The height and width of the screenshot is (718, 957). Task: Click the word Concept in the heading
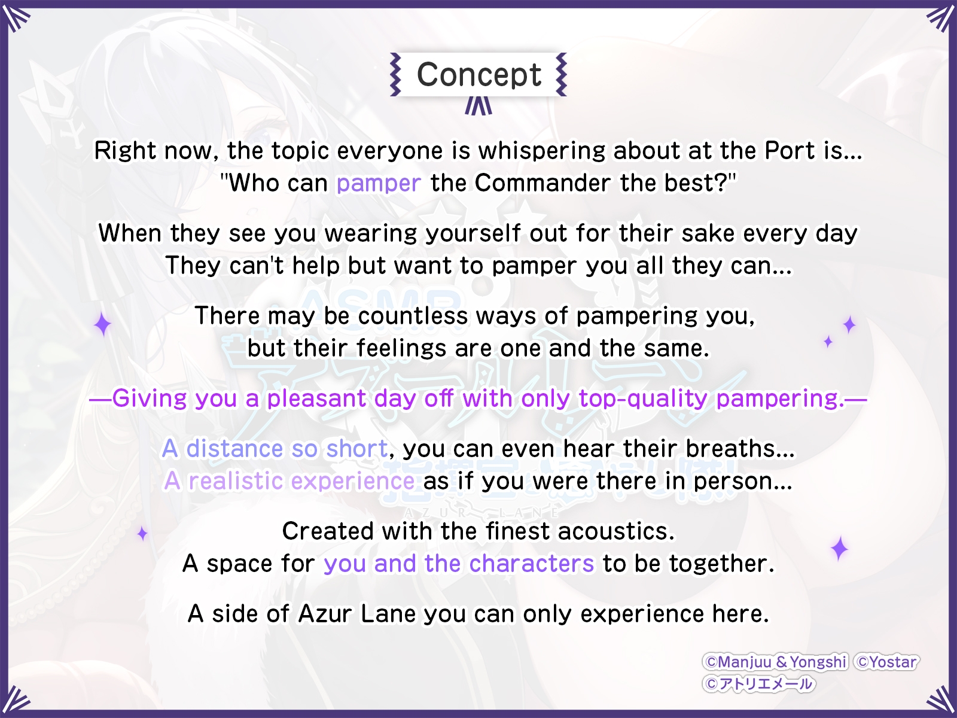point(478,75)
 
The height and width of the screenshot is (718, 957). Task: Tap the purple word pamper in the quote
point(379,183)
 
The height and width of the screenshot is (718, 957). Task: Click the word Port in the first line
point(790,150)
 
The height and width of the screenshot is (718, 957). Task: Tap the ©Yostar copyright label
point(886,662)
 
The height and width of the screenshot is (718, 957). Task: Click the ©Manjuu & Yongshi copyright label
point(775,662)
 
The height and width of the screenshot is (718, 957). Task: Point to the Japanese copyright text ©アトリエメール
point(758,683)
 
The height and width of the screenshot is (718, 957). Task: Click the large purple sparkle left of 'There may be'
point(103,325)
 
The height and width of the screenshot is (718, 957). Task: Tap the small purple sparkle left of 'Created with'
point(142,534)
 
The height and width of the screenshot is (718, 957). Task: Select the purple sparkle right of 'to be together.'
point(839,549)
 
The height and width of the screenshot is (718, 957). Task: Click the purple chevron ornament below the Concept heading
point(478,105)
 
